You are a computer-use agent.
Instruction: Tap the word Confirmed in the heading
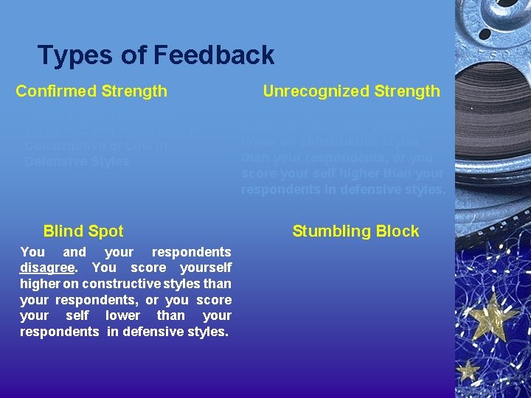pyautogui.click(x=57, y=91)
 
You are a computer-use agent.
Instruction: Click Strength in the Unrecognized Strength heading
pyautogui.click(x=408, y=91)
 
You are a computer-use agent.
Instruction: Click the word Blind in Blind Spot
pyautogui.click(x=63, y=231)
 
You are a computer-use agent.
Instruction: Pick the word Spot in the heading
pyautogui.click(x=105, y=231)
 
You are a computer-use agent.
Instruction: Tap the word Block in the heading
pyautogui.click(x=399, y=231)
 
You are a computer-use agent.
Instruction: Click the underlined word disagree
pyautogui.click(x=46, y=268)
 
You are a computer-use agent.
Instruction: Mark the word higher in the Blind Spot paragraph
pyautogui.click(x=38, y=284)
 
